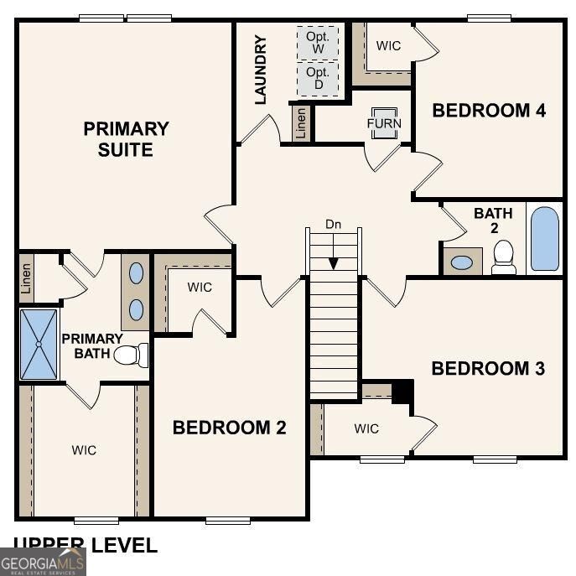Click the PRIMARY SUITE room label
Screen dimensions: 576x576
[126, 139]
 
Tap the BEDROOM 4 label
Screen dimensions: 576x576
[489, 110]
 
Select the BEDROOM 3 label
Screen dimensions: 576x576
[488, 368]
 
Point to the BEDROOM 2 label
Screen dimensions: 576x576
[229, 428]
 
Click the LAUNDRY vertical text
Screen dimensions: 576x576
[261, 70]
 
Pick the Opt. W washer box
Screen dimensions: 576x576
[319, 43]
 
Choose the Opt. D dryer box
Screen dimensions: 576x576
[319, 79]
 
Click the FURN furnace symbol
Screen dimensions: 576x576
[384, 123]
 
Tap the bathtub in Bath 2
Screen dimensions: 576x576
[544, 238]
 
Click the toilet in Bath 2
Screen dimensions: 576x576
[504, 257]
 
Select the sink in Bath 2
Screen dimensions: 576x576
[461, 262]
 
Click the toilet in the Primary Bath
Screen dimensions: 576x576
[131, 355]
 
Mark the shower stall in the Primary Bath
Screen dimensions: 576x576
[39, 344]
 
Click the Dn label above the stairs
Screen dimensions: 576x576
[334, 225]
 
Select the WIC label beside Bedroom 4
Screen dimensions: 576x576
[388, 45]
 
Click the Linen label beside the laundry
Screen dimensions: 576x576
[301, 123]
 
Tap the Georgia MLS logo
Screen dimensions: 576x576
[43, 562]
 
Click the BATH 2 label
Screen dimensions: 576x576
[493, 221]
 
